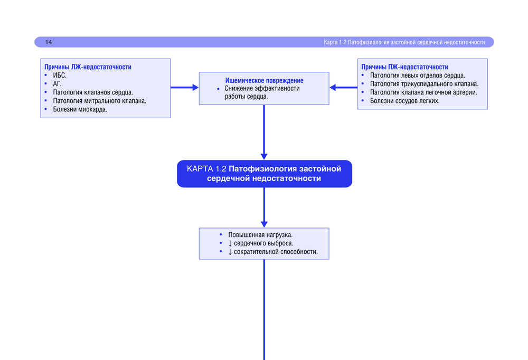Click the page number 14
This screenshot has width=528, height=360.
[x=49, y=42]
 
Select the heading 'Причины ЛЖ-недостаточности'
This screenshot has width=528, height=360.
[x=88, y=67]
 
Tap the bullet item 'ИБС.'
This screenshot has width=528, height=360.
[x=60, y=75]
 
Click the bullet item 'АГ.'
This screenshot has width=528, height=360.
[x=58, y=84]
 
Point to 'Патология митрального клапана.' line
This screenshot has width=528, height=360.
[x=99, y=101]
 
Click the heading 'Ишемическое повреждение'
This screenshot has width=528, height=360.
[x=264, y=80]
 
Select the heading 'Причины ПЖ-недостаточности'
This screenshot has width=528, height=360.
[x=404, y=67]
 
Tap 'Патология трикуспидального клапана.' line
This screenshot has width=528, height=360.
[x=424, y=84]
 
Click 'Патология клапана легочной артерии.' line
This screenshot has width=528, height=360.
[x=423, y=92]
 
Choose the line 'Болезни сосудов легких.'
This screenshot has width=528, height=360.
[x=404, y=101]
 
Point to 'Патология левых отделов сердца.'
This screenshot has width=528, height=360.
[x=417, y=75]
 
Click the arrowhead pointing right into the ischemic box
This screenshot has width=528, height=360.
[x=195, y=88]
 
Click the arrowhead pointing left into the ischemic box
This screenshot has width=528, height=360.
[x=333, y=88]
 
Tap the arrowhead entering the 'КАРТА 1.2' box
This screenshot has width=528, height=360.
[x=264, y=156]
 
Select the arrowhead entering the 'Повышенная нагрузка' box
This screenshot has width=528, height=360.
[x=264, y=224]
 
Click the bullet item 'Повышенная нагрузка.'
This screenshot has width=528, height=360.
[x=260, y=234]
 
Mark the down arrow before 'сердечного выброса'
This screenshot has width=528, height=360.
[x=230, y=243]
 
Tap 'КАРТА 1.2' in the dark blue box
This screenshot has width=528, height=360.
[x=206, y=169]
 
